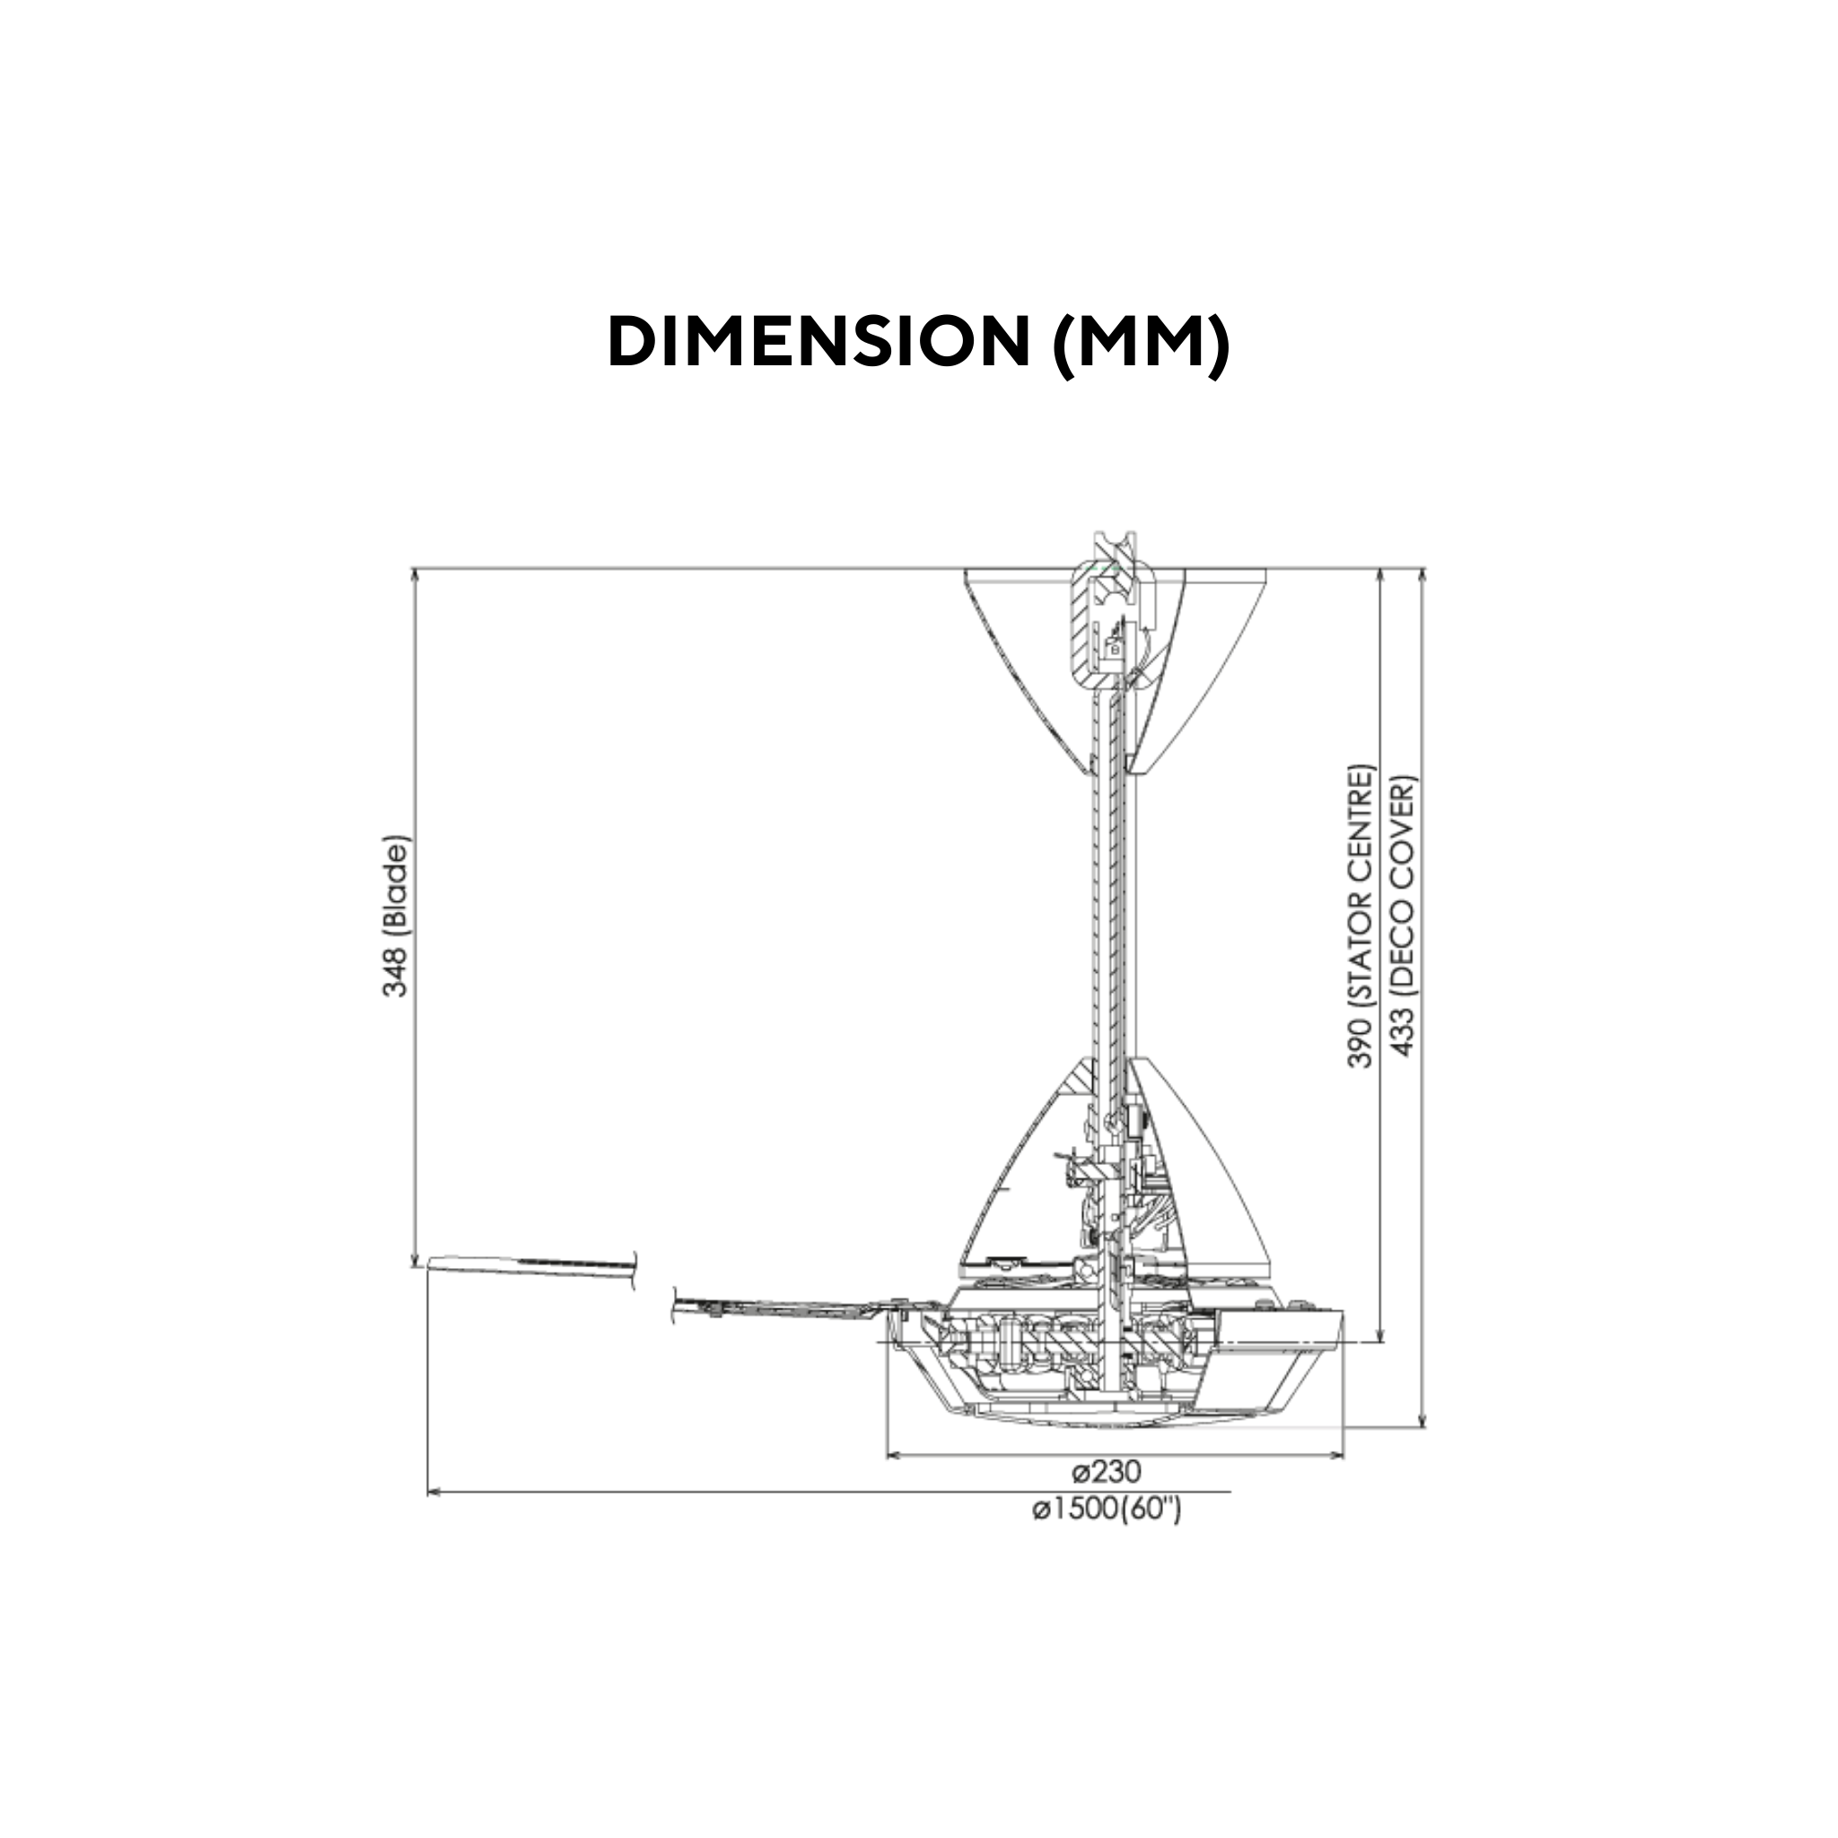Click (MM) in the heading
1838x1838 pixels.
[1141, 344]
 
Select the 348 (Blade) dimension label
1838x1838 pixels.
[395, 917]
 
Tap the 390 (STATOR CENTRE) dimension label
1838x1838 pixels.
[1361, 915]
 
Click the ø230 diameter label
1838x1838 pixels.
[1106, 1472]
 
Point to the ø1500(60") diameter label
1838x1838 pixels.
[1107, 1510]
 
